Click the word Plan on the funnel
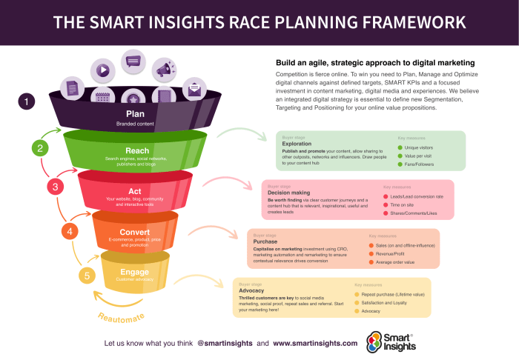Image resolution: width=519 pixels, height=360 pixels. (x=135, y=114)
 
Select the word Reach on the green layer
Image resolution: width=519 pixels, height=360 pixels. (x=136, y=150)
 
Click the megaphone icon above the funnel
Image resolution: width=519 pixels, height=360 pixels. (x=164, y=70)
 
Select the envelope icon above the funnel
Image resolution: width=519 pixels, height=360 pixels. (x=195, y=90)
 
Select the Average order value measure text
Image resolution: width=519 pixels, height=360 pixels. (x=394, y=262)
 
